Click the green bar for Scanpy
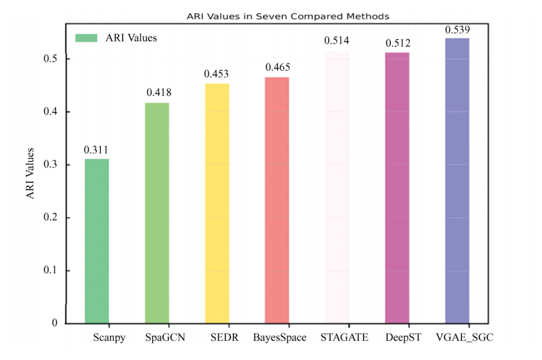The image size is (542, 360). point(97,241)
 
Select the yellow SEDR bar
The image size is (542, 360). point(217,203)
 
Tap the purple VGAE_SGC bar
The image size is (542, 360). point(457,181)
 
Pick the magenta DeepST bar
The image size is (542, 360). point(397,188)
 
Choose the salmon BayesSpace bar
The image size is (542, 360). point(277,200)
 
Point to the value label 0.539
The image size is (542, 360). point(457,30)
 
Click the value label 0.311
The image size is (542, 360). point(96,151)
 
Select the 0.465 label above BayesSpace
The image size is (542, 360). point(277,67)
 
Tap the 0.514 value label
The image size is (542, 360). point(337,41)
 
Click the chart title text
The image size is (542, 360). point(288,16)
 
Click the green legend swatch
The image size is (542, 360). point(87,38)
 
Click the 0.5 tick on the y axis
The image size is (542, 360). point(50,59)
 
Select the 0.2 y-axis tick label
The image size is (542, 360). point(50,218)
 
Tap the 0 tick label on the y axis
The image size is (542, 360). point(55,323)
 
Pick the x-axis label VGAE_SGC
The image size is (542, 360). point(461,338)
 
